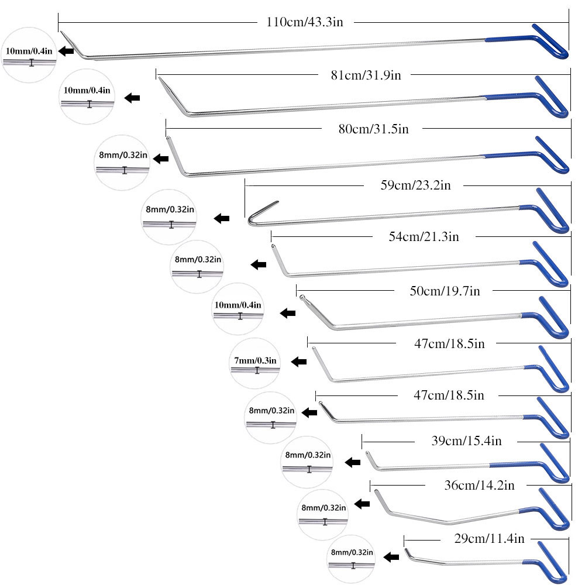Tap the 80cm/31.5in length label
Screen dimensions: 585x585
373,128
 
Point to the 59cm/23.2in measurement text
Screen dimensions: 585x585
415,186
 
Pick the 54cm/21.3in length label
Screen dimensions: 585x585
424,236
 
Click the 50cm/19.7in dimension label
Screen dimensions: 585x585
445,291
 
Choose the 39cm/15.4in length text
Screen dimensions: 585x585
466,441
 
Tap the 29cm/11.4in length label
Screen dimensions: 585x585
488,538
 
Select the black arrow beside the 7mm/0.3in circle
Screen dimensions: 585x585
299,362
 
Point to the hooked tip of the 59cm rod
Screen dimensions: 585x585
260,212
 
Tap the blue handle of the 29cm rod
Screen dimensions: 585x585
550,562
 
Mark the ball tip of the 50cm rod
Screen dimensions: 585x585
302,298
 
